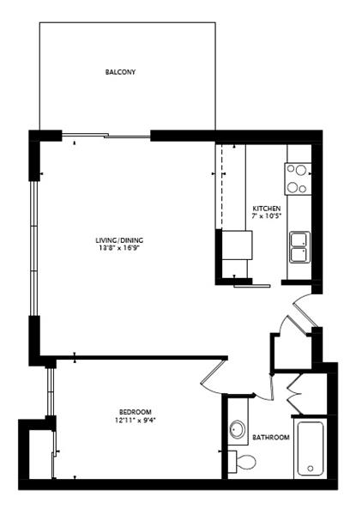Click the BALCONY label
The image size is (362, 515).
(x=120, y=72)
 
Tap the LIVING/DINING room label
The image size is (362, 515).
(x=119, y=240)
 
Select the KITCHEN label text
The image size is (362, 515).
(x=267, y=209)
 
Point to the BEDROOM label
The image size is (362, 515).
(x=136, y=412)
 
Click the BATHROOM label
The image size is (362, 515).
(x=271, y=437)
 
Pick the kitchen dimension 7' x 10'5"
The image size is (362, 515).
(x=267, y=216)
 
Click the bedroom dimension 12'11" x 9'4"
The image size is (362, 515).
(x=135, y=420)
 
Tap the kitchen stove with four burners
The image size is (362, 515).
(x=298, y=179)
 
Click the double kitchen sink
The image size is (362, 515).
(x=299, y=247)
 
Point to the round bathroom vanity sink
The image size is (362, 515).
(x=238, y=429)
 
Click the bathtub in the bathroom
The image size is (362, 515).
(x=311, y=449)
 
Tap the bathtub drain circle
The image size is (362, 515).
(x=311, y=469)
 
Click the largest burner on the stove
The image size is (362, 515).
(x=300, y=170)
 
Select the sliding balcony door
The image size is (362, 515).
(x=106, y=136)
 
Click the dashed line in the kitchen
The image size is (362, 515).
(x=222, y=186)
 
